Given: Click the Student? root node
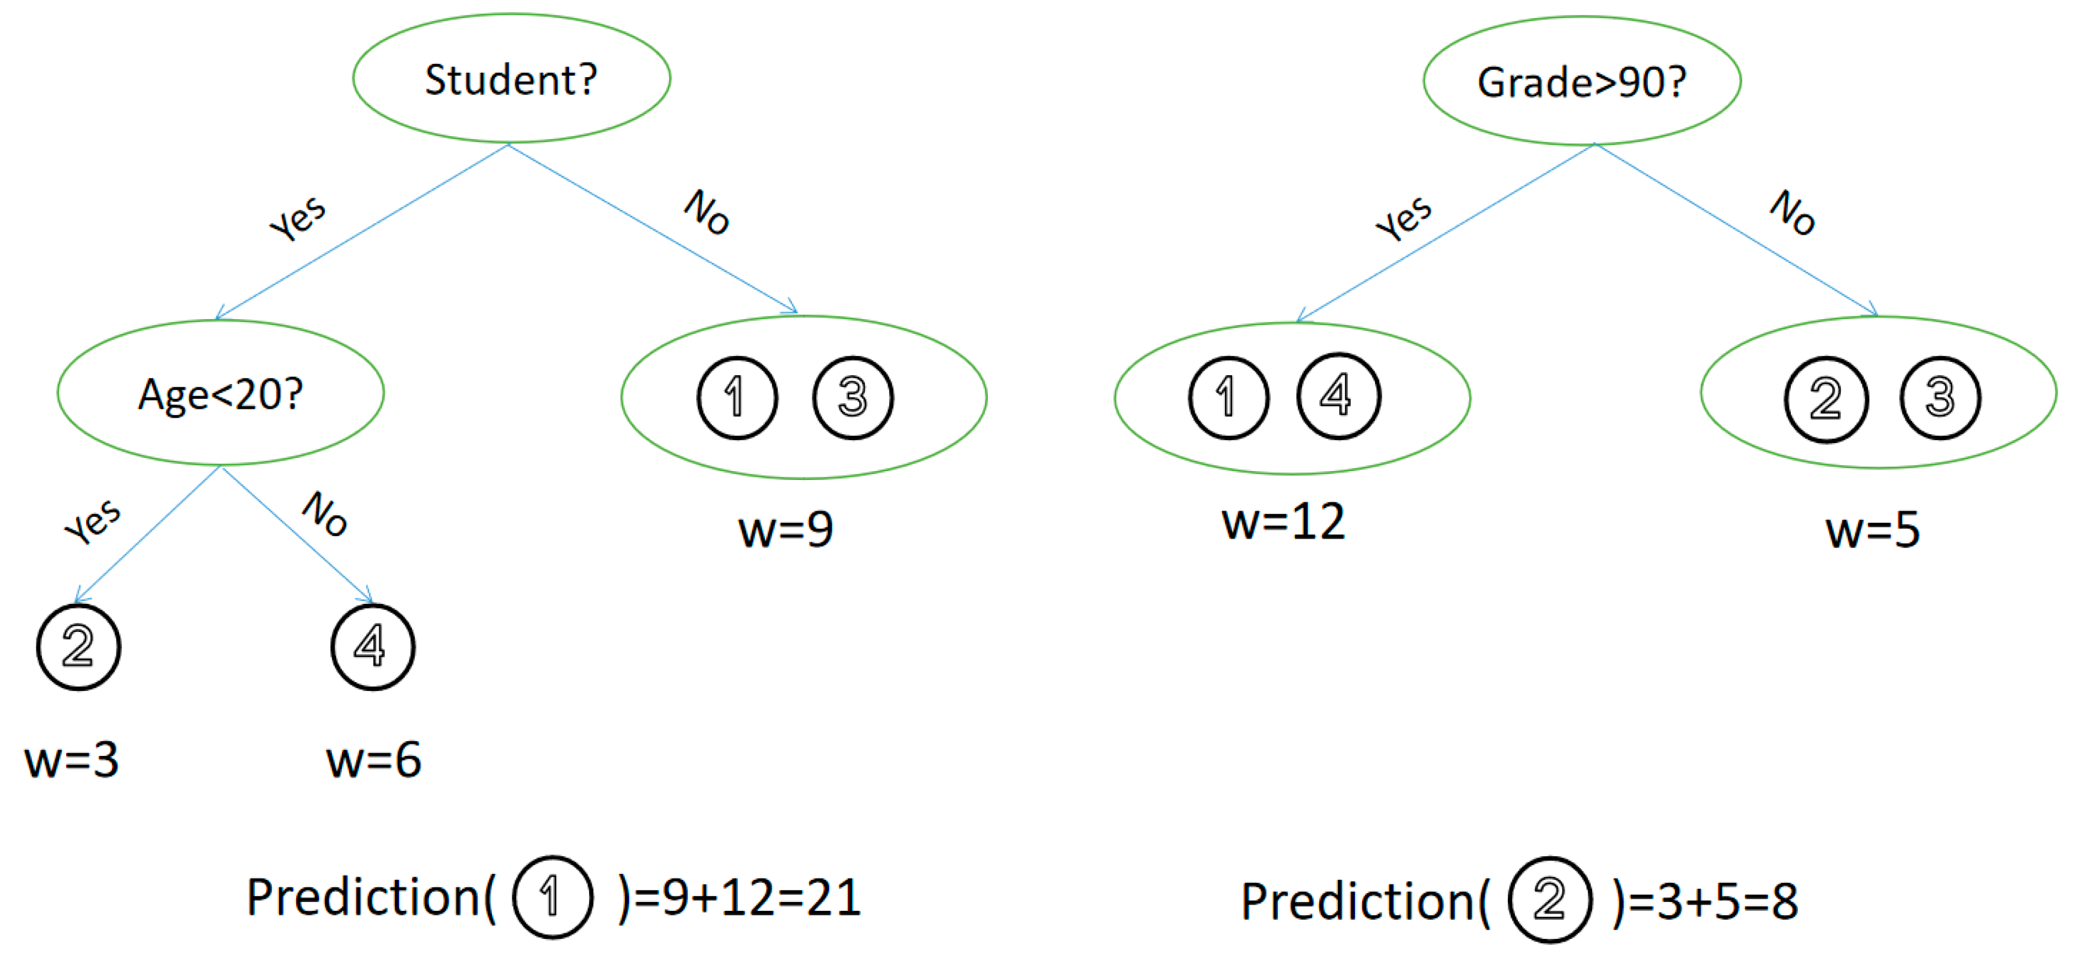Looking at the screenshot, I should click(x=511, y=79).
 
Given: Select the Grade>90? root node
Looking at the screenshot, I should click(x=1581, y=82).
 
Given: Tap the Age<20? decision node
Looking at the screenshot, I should click(x=220, y=393).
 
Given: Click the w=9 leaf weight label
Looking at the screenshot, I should click(x=785, y=530).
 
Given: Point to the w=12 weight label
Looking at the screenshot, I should click(x=1283, y=521).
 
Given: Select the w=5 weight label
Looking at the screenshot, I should click(x=1872, y=530).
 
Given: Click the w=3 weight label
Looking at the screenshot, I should click(x=72, y=759).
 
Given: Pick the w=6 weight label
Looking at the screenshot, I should click(x=373, y=759).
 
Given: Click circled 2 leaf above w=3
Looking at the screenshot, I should click(x=78, y=646).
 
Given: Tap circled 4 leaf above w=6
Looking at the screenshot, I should click(x=372, y=646).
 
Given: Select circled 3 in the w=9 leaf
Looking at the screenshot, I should click(x=852, y=397).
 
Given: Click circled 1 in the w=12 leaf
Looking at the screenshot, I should click(x=1228, y=397).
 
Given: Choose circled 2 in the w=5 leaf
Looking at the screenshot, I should click(x=1826, y=399).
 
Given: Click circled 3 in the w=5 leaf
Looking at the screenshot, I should click(x=1939, y=397).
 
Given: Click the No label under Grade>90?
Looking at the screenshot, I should click(x=1791, y=212).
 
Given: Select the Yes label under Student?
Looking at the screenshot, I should click(x=297, y=218).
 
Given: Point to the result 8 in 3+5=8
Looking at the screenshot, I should click(x=1784, y=901).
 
